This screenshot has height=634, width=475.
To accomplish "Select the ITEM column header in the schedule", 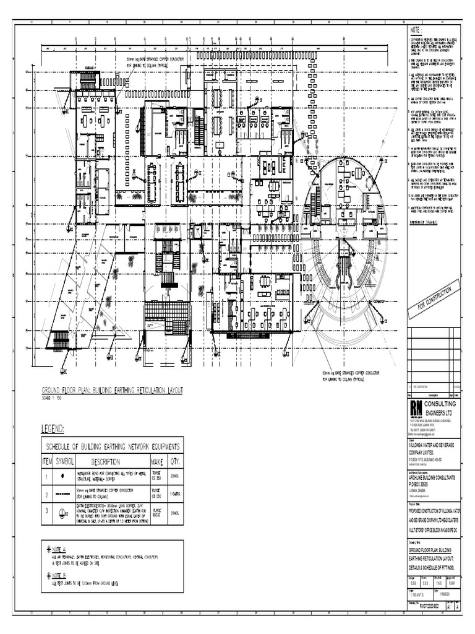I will [x=48, y=462].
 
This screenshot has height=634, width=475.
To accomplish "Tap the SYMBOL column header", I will [x=65, y=462].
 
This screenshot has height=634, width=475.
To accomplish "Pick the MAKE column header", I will [x=156, y=462].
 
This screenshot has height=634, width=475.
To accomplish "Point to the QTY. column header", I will [x=174, y=462].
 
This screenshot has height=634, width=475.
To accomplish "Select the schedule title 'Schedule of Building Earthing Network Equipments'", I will [x=111, y=446].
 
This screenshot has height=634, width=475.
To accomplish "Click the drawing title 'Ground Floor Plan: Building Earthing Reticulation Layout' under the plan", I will [x=112, y=390].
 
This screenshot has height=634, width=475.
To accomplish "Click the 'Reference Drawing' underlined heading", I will [x=424, y=220].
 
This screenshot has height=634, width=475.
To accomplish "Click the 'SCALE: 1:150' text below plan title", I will [x=54, y=397].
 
